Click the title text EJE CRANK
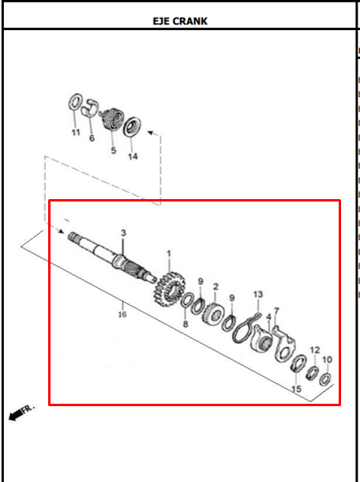coord(180,21)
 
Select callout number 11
coord(76,133)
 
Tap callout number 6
coord(92,138)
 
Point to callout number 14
coord(133,156)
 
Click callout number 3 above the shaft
coord(123,233)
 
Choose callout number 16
coord(122,314)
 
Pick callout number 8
coord(186,324)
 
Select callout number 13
coord(258,295)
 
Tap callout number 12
coord(315,350)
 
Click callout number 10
coord(327,360)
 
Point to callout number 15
coord(296,389)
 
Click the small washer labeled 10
coord(325,379)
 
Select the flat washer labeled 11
coord(75,102)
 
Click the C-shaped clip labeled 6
coord(90,108)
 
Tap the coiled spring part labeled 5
coord(113,119)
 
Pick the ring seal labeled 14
coord(132,126)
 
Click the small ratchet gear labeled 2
coord(213,314)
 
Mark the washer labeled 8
coord(187,300)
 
